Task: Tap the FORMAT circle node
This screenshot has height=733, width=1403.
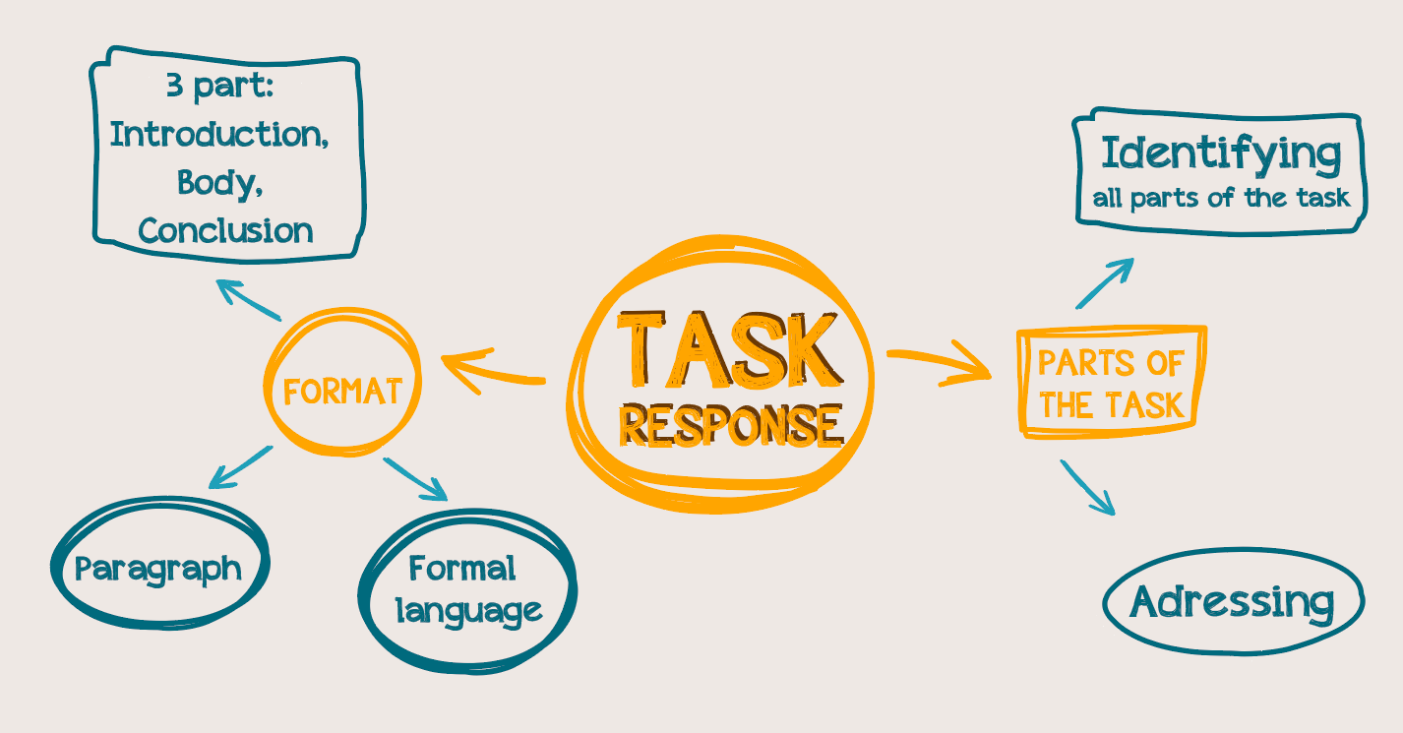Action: coord(342,392)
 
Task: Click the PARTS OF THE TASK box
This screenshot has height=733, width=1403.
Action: coord(1111,382)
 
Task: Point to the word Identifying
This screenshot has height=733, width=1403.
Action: coord(1220,154)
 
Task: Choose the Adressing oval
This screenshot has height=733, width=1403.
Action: coord(1233,601)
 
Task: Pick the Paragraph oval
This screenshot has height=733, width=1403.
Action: coord(158,569)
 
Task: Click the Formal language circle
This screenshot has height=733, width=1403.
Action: coord(468,589)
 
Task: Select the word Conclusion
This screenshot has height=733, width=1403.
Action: coord(226,230)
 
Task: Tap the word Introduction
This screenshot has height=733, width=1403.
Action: coord(219,134)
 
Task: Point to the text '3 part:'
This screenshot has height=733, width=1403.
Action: coord(218,86)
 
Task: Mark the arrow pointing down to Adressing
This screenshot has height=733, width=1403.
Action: coord(1088,487)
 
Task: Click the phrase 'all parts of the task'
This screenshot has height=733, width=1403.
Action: coord(1221,199)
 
